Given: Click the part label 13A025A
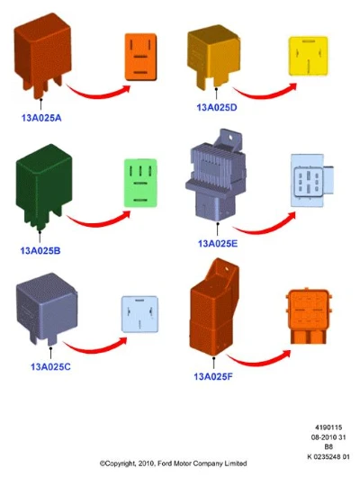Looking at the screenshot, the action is (x=41, y=118).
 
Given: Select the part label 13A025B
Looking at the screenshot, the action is (x=40, y=251).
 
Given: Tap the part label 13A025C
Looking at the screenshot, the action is (x=50, y=366).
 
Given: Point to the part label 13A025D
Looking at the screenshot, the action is (x=217, y=107).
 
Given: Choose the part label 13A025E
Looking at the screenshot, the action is (x=218, y=243).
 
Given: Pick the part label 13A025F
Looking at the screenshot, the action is (x=213, y=376).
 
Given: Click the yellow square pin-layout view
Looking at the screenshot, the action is (x=309, y=56).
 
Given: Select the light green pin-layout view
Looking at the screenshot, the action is (x=140, y=183).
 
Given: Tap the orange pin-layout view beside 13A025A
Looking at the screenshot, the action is (x=141, y=57).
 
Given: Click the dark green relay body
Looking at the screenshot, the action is (x=43, y=186).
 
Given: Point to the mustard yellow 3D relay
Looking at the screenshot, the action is (x=214, y=57).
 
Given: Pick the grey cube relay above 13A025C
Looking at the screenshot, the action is (x=47, y=307).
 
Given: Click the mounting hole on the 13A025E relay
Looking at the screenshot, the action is (x=230, y=137).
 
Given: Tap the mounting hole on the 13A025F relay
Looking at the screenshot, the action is (x=226, y=269).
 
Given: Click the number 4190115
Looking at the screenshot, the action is (x=328, y=427).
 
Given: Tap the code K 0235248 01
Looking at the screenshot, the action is (x=328, y=456).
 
